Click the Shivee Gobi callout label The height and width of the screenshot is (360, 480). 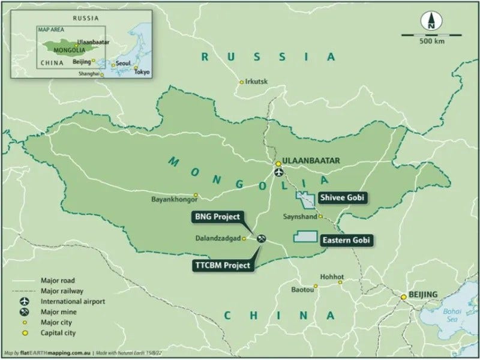(341, 197)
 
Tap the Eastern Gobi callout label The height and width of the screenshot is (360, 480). (346, 240)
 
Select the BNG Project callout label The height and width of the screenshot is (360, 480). (217, 217)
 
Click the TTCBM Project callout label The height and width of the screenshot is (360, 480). (222, 265)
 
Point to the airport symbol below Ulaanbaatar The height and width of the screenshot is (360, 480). (278, 172)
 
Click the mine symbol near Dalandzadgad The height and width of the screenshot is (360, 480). (261, 238)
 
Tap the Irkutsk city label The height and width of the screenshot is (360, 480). (256, 82)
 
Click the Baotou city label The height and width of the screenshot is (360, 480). (302, 288)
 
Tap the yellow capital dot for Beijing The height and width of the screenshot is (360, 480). (404, 296)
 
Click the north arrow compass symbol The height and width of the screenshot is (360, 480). (430, 22)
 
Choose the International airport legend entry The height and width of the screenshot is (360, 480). (66, 301)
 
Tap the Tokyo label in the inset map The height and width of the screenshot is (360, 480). (142, 72)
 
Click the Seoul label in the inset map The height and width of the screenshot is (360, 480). (122, 63)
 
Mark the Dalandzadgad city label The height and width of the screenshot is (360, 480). (217, 238)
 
